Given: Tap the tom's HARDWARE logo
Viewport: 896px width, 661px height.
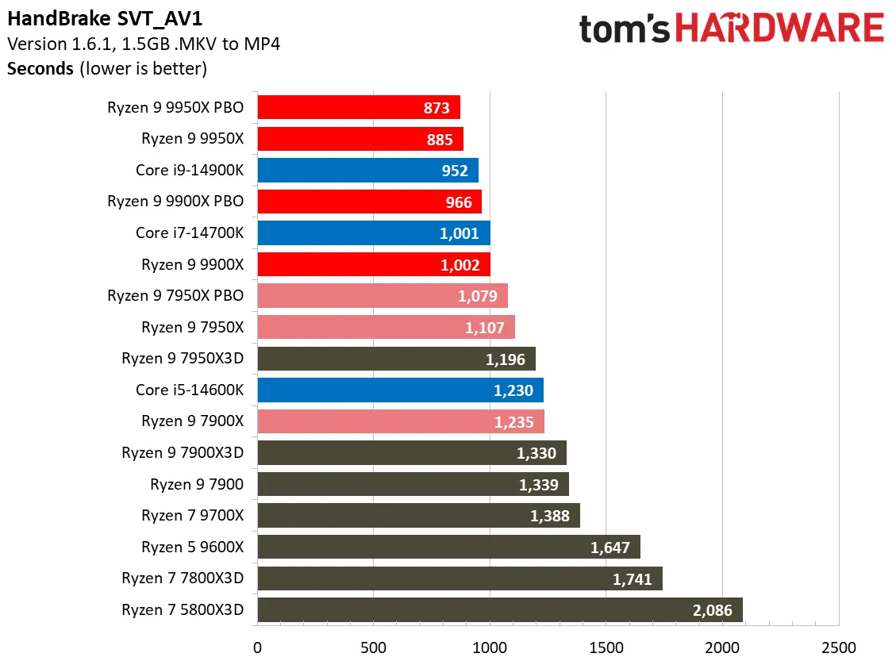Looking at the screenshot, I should point(730,29).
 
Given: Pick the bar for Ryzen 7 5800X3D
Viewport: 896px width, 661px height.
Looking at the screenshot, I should point(500,610).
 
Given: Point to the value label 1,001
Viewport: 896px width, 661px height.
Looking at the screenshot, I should point(460,233).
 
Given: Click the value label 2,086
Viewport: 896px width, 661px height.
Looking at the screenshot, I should point(712,610).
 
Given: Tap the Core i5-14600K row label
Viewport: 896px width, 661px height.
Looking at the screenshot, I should point(190,390).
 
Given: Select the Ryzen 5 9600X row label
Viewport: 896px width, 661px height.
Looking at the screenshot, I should point(192,547).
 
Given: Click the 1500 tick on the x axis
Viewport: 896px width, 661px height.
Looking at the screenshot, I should point(606,647).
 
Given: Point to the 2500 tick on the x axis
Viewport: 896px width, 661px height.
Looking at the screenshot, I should point(838,647).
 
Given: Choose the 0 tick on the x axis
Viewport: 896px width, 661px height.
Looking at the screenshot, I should point(257,647).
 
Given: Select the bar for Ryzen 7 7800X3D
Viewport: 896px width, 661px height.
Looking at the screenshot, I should point(460,578).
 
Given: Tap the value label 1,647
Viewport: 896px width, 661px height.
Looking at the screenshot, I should point(610,547).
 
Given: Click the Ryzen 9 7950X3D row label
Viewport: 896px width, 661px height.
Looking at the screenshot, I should point(183,359).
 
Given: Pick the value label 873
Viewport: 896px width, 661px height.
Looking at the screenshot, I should point(436,108).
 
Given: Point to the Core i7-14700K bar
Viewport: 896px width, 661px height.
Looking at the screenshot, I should point(373,233).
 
